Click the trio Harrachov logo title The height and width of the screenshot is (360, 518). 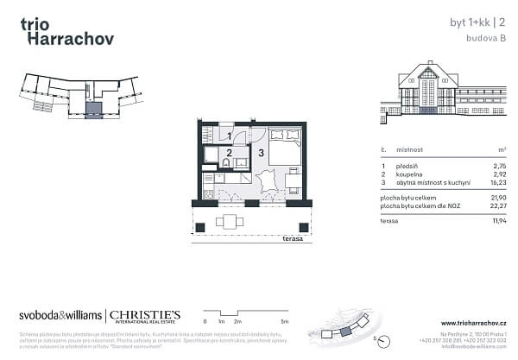pos(65,31)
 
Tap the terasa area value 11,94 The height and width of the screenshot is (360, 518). pos(496,221)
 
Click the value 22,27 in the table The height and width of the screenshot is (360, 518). pos(496,205)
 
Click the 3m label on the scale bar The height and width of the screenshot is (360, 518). pos(283,320)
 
